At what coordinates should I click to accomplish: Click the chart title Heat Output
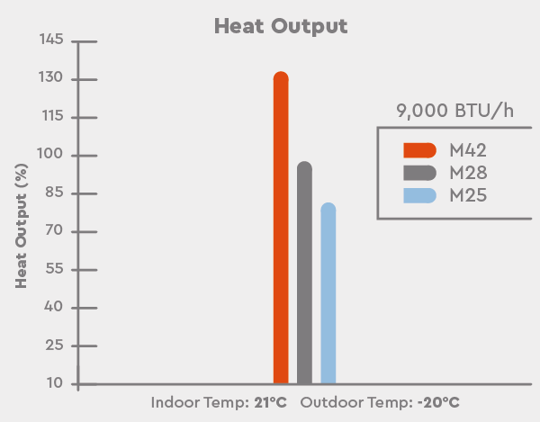pos(280,25)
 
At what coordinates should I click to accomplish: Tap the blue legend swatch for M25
pos(419,194)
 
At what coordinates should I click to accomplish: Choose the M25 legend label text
pos(468,194)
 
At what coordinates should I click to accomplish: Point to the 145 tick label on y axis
pos(51,41)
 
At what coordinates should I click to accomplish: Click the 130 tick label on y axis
pos(51,79)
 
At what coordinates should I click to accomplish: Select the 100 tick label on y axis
pos(51,156)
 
